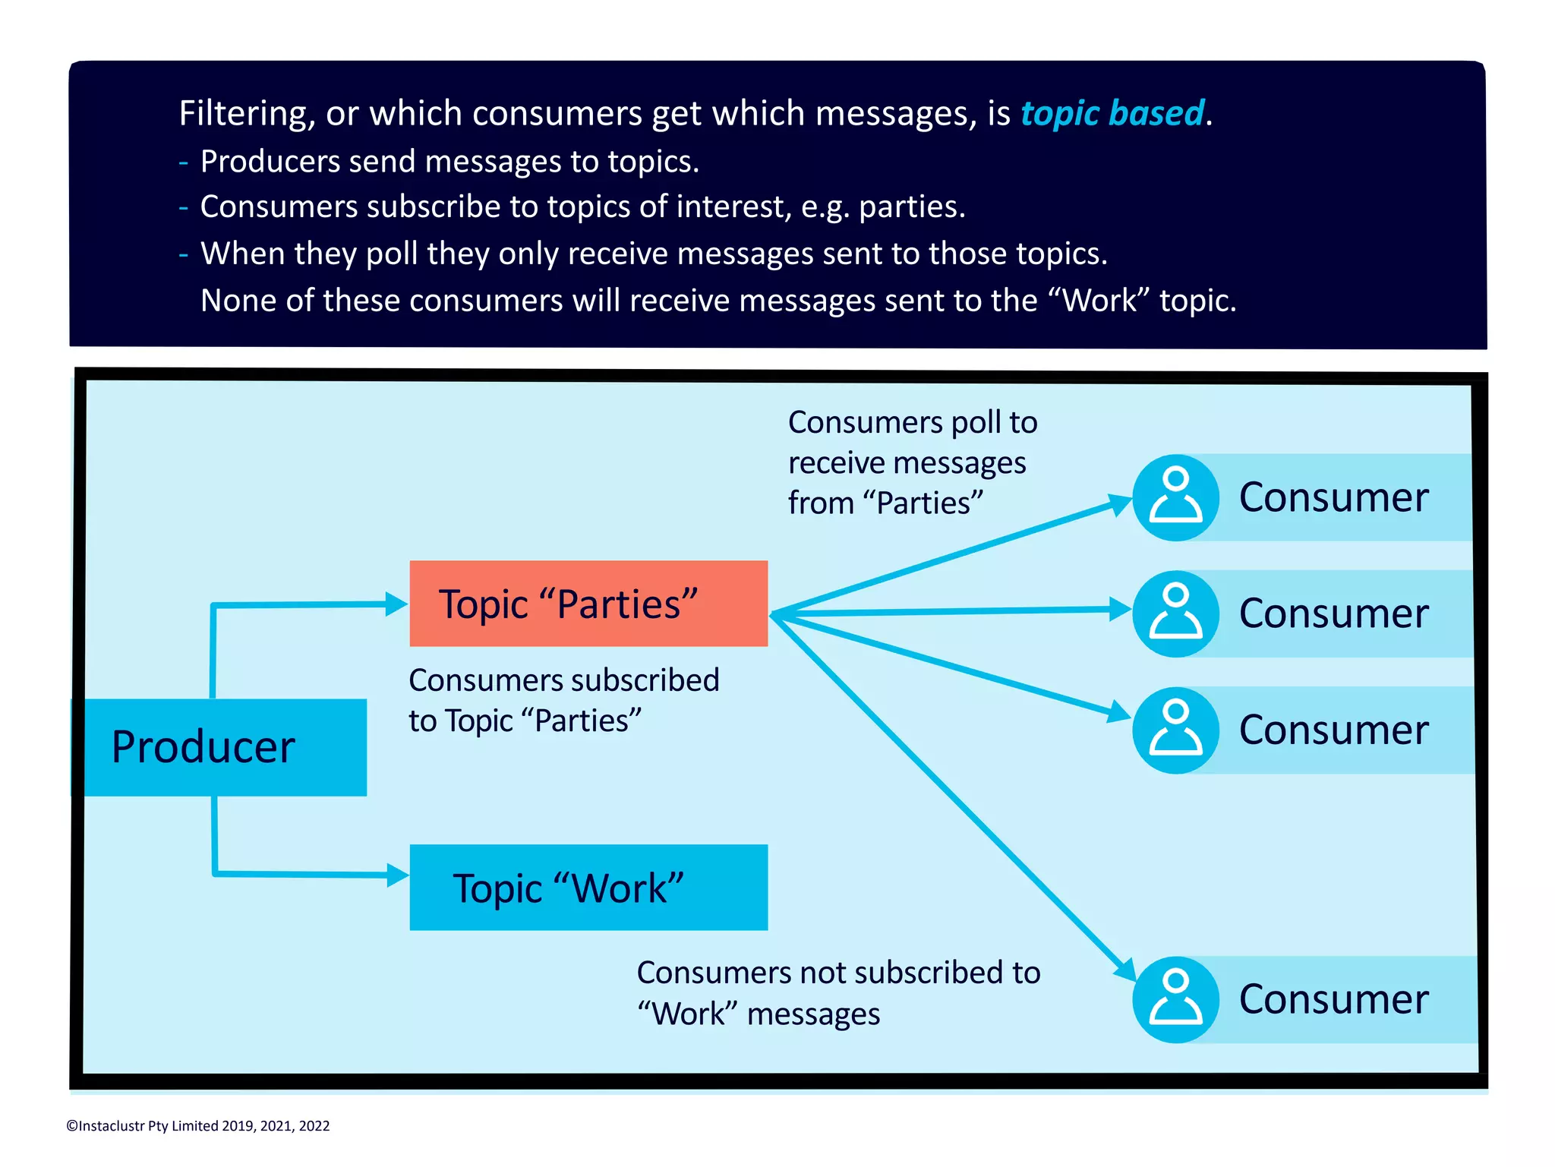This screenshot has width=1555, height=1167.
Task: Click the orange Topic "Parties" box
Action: (x=588, y=604)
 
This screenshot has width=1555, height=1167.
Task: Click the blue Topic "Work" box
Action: (x=588, y=887)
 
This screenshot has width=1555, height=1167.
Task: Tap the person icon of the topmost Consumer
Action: (x=1175, y=497)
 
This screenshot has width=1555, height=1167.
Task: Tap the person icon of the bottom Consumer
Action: (x=1175, y=999)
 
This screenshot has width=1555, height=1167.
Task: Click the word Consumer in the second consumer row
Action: (x=1333, y=613)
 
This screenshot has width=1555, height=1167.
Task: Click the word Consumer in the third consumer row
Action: (x=1333, y=730)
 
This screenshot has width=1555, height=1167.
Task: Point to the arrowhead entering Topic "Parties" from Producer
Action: (x=396, y=604)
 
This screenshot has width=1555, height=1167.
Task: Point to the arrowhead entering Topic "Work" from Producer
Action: (x=397, y=875)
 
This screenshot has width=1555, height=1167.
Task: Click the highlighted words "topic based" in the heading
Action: (x=1112, y=113)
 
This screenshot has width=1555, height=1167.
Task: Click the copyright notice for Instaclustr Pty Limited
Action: (x=198, y=1126)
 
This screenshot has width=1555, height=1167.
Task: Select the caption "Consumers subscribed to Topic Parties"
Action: (x=563, y=700)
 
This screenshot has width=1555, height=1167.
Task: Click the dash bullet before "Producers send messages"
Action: (x=184, y=162)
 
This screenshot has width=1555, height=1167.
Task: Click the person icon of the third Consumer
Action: (x=1175, y=730)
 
